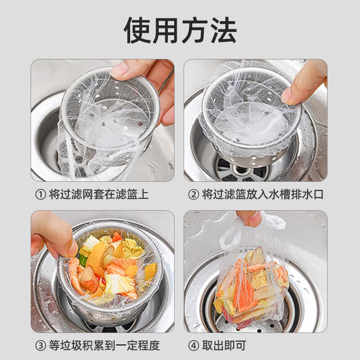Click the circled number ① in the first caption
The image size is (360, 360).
click(x=40, y=194)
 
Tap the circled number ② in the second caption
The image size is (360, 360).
click(x=193, y=194)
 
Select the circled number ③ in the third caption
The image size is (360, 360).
click(x=40, y=346)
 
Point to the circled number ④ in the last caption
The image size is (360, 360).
click(x=193, y=346)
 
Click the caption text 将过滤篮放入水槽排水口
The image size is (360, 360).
click(x=262, y=194)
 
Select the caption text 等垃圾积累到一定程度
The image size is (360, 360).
click(x=103, y=346)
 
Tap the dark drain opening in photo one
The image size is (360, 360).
click(x=49, y=139)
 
